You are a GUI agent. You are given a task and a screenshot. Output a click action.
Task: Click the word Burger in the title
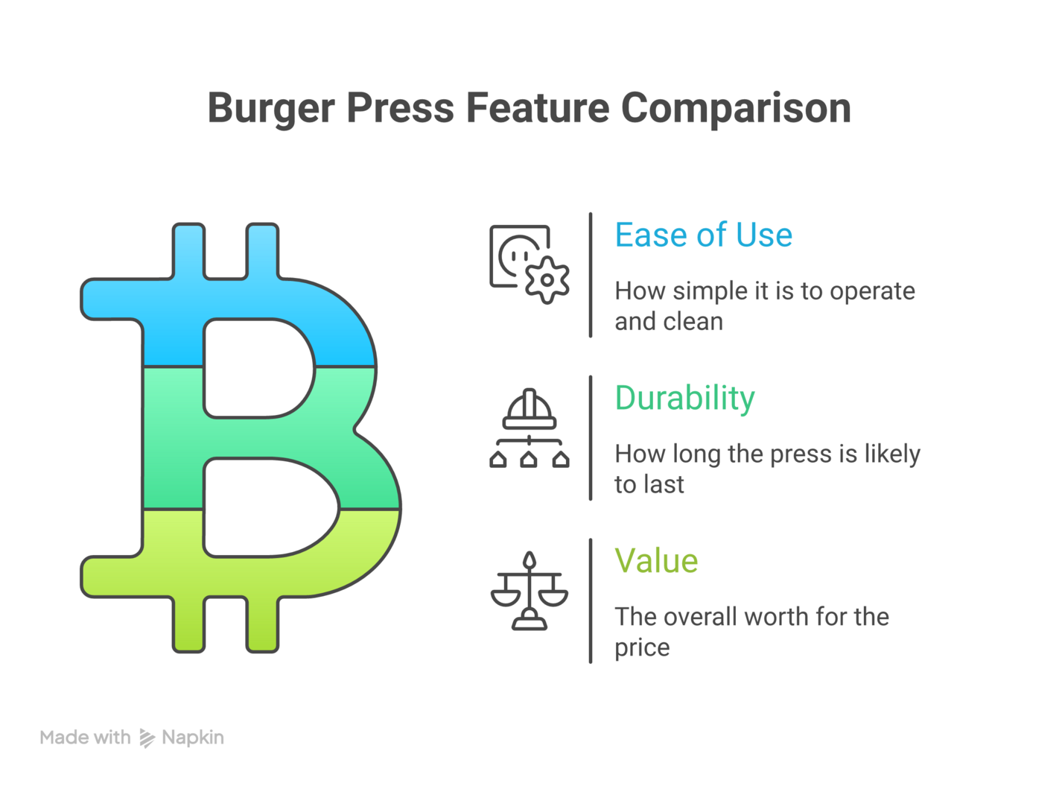(271, 109)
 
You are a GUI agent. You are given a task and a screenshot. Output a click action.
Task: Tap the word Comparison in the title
(736, 109)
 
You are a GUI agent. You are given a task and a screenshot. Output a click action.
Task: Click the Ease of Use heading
(703, 235)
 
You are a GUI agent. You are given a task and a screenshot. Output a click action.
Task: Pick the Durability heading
(684, 398)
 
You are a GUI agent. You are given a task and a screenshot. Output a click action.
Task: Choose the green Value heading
(656, 560)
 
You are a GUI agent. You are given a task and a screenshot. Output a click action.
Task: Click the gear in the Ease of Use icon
(547, 280)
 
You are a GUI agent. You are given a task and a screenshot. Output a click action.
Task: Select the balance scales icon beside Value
(529, 591)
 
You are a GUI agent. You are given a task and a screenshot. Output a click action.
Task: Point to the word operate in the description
(872, 291)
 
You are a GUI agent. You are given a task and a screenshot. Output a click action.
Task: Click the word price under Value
(642, 648)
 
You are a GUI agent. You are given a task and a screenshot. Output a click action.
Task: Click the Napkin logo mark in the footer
(147, 738)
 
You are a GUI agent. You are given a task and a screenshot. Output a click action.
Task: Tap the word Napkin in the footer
(193, 738)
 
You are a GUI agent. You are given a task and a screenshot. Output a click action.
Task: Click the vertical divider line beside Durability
(591, 438)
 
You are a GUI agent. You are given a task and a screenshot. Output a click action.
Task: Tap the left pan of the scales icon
(505, 598)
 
